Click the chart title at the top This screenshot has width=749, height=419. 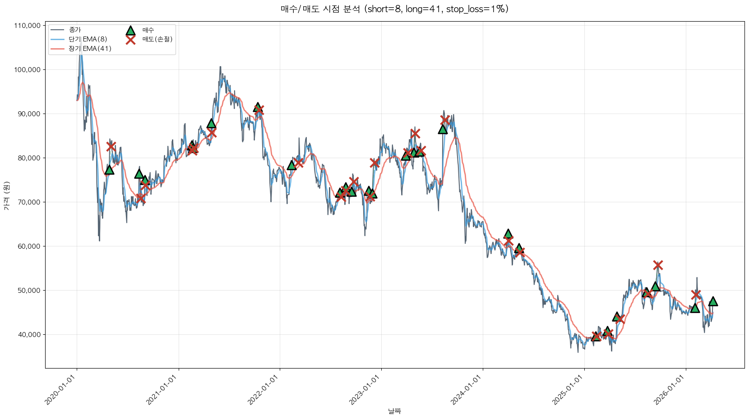click(394, 9)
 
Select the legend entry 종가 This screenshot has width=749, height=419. click(75, 30)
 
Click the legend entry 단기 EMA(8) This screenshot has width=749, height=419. click(88, 39)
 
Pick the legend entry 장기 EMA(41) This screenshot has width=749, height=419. click(90, 49)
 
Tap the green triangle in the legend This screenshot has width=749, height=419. click(130, 31)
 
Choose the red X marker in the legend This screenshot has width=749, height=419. click(130, 40)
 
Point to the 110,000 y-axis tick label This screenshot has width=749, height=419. click(28, 26)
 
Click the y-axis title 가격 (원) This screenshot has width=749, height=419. click(6, 196)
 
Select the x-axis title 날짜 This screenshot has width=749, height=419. click(394, 411)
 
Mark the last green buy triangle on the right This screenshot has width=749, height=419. click(713, 301)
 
